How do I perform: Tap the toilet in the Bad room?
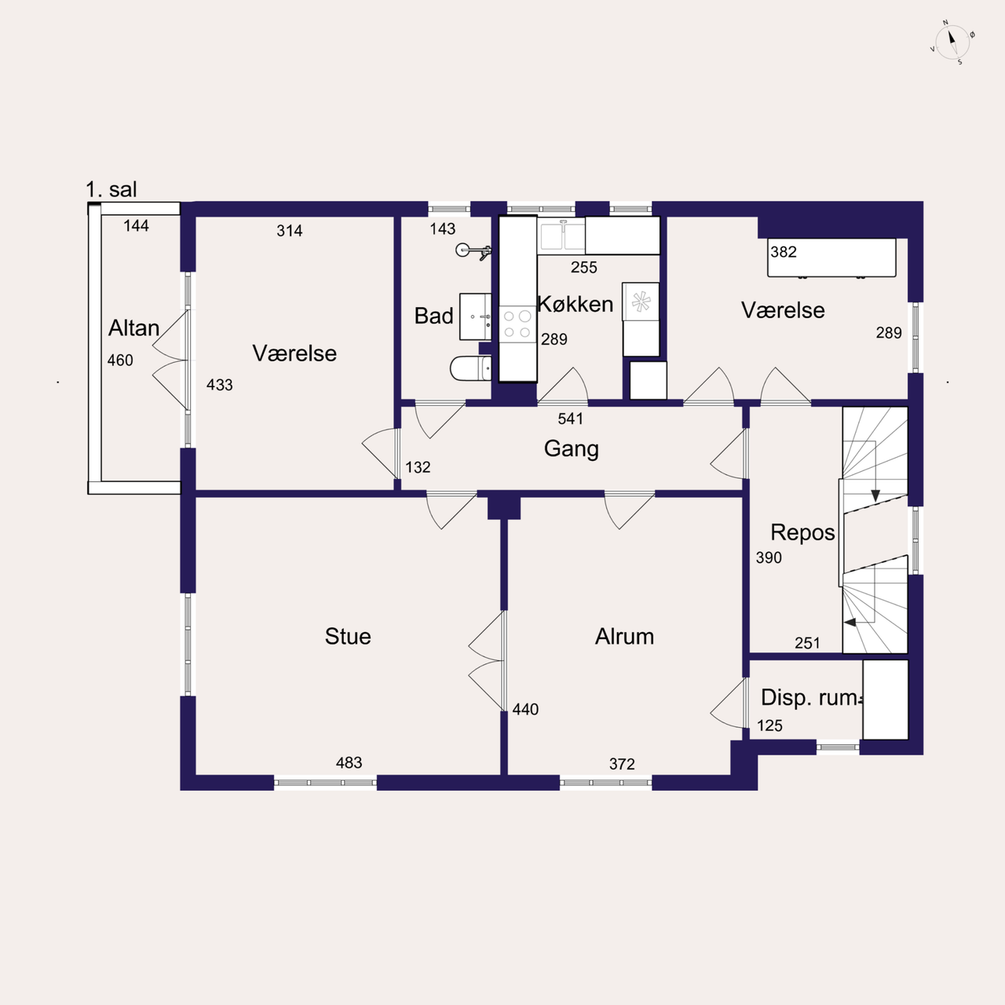pyautogui.click(x=470, y=368)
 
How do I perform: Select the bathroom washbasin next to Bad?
pyautogui.click(x=475, y=316)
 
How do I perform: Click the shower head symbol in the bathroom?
pyautogui.click(x=473, y=251)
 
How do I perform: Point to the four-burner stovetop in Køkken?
pyautogui.click(x=517, y=323)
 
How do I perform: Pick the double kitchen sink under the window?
pyautogui.click(x=561, y=236)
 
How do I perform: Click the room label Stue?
pyautogui.click(x=348, y=636)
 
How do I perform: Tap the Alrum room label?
pyautogui.click(x=624, y=636)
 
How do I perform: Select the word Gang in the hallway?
pyautogui.click(x=571, y=449)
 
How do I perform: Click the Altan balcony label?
pyautogui.click(x=133, y=328)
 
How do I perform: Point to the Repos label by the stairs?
pyautogui.click(x=802, y=533)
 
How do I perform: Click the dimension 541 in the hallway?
pyautogui.click(x=571, y=418)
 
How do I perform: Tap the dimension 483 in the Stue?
pyautogui.click(x=349, y=762)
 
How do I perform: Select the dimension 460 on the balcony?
pyautogui.click(x=120, y=360)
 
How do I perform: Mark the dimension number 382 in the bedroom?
pyautogui.click(x=784, y=252)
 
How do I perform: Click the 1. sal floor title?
pyautogui.click(x=111, y=189)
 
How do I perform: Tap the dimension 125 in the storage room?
pyautogui.click(x=769, y=725)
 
